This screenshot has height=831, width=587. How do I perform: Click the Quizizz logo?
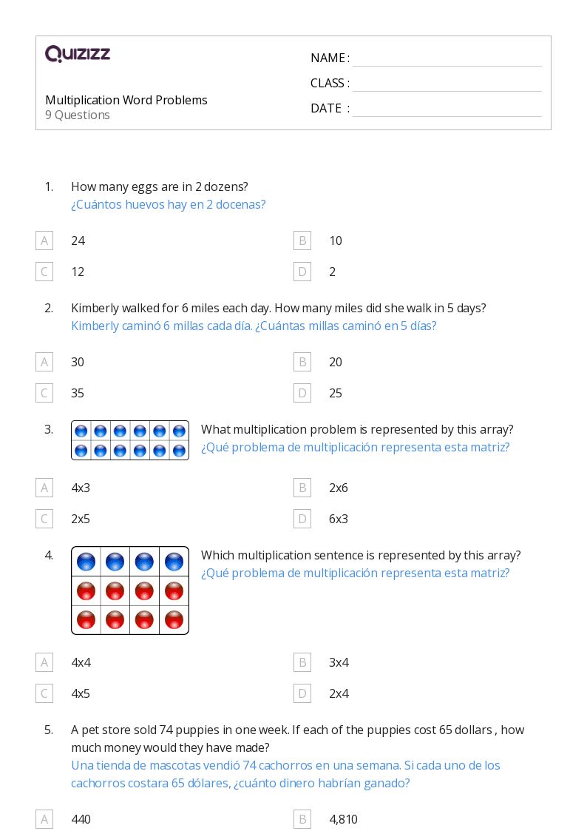click(78, 54)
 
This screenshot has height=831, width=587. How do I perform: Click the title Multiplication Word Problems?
click(126, 100)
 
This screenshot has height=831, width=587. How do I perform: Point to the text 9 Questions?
click(78, 115)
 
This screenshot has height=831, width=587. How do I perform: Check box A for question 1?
click(44, 240)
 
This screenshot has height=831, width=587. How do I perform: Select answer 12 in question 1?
click(78, 272)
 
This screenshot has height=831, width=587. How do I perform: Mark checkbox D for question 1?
click(302, 272)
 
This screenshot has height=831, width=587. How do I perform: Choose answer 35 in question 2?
click(78, 393)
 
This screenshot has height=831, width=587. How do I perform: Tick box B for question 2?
click(302, 362)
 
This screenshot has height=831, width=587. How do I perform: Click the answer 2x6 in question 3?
click(339, 488)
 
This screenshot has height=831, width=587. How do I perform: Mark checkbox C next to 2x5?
click(44, 519)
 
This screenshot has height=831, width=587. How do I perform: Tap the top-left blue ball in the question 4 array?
click(86, 562)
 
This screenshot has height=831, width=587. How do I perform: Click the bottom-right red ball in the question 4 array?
click(174, 619)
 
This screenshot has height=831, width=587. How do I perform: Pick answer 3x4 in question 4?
click(339, 662)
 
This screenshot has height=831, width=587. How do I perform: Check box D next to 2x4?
click(302, 693)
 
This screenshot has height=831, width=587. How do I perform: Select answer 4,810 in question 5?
click(343, 819)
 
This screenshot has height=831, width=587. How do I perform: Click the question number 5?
click(49, 730)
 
